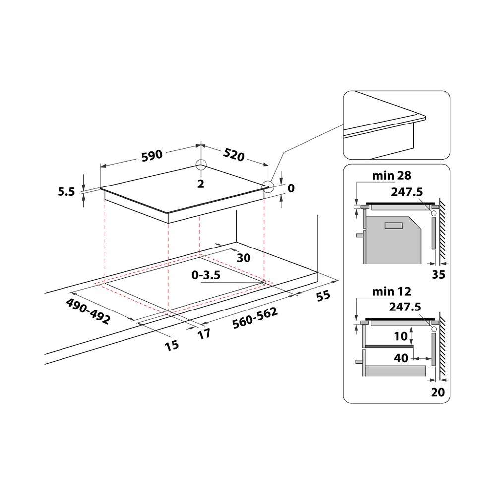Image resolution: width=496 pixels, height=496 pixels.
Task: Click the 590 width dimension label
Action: pyautogui.click(x=152, y=155)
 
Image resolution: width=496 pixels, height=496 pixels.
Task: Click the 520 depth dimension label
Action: pyautogui.click(x=234, y=155)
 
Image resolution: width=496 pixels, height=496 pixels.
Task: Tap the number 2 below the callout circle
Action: pyautogui.click(x=200, y=184)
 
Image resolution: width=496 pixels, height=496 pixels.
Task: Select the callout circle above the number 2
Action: pyautogui.click(x=200, y=166)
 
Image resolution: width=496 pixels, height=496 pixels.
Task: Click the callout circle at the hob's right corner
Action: pyautogui.click(x=268, y=186)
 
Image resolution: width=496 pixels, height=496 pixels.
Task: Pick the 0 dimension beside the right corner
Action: pyautogui.click(x=291, y=188)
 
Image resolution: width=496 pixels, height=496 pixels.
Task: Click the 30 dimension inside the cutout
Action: pyautogui.click(x=243, y=258)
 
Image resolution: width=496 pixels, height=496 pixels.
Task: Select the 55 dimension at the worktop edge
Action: pyautogui.click(x=323, y=296)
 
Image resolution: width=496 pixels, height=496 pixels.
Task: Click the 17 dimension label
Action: pyautogui.click(x=204, y=334)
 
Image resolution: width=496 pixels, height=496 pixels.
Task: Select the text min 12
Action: pyautogui.click(x=392, y=291)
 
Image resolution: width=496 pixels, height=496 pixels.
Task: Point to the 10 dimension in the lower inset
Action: pyautogui.click(x=400, y=336)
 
